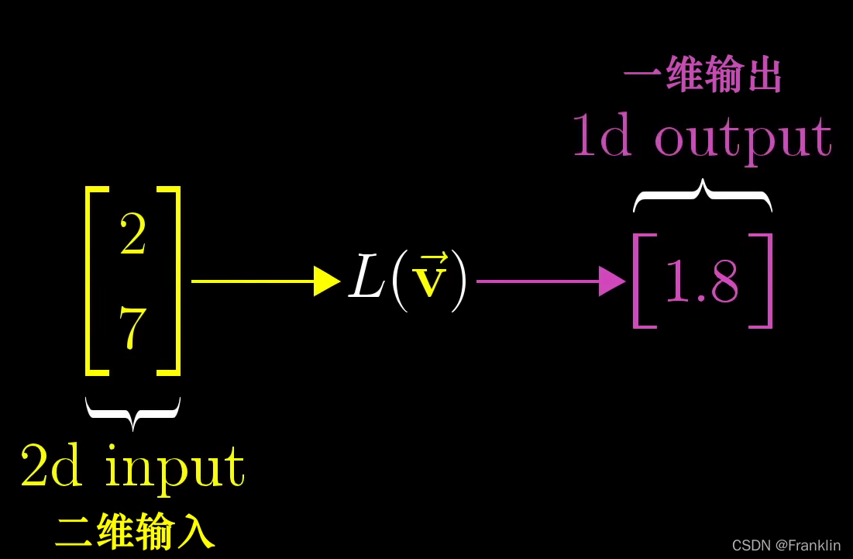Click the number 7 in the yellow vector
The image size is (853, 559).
pos(133,329)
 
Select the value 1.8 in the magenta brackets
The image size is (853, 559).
pos(702,282)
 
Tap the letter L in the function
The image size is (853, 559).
pos(367,279)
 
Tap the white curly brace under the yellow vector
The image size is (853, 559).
pos(133,412)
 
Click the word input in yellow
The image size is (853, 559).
pos(175,468)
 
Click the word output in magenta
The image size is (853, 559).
pos(742,138)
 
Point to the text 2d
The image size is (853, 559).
pos(51,465)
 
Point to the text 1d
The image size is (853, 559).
pos(601,136)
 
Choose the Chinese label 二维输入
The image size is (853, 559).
pos(135,532)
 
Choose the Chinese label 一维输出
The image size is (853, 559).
pos(703,76)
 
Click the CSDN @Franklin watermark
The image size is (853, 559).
pos(786,546)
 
